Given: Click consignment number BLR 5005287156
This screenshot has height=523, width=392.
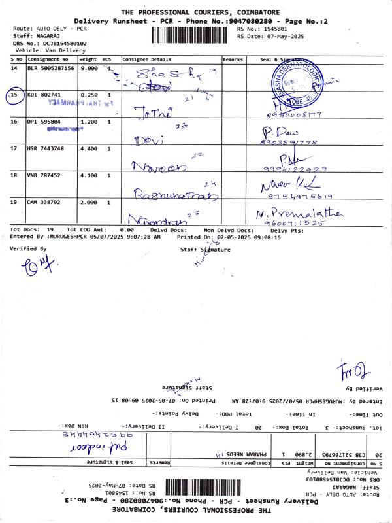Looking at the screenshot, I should coord(52,68).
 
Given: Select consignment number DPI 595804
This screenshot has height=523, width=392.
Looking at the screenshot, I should coord(43,122).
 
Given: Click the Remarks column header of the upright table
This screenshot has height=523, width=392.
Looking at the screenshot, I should coord(233,59).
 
